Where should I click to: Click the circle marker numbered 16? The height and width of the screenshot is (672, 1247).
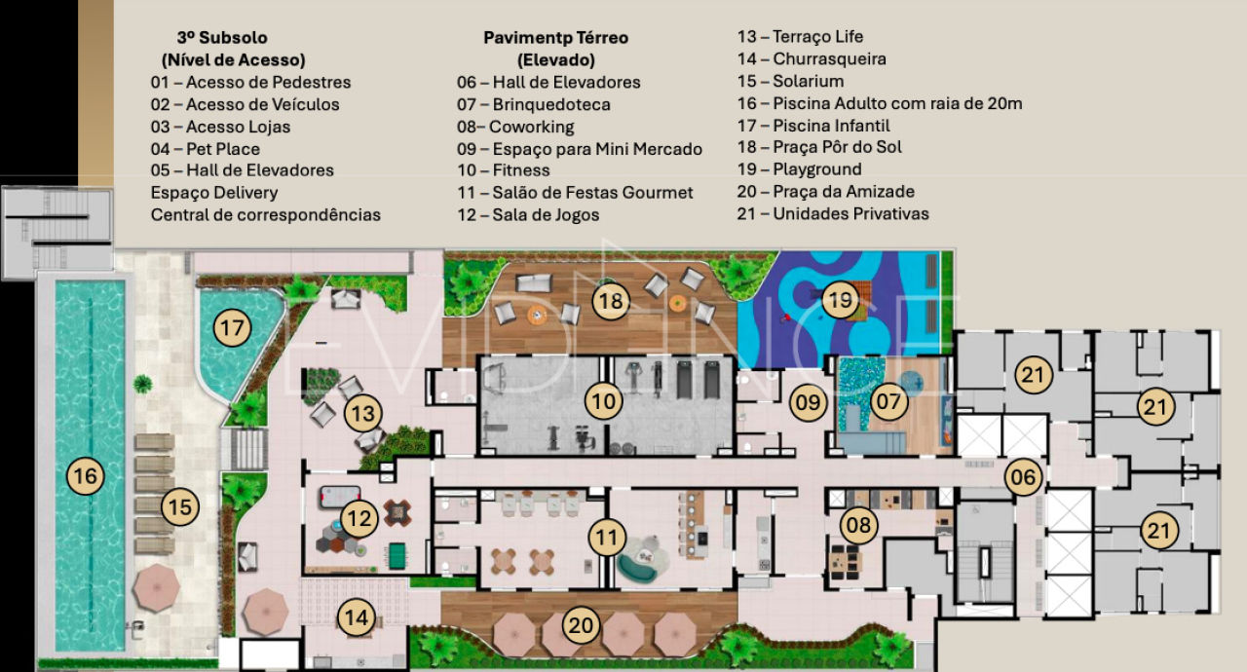[86, 476]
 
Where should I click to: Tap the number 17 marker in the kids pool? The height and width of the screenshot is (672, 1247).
[232, 328]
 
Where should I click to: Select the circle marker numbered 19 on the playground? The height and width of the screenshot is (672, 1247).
[840, 300]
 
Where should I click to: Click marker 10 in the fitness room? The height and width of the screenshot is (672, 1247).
[603, 401]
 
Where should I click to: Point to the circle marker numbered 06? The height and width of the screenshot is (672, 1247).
[1023, 476]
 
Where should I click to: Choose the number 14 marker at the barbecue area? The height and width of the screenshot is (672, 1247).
[357, 616]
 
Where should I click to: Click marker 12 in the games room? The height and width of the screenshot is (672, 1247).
[359, 519]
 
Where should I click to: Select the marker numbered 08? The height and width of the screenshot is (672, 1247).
[858, 527]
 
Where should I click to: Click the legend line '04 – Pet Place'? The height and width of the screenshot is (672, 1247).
[206, 149]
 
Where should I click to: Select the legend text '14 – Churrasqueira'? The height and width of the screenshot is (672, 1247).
[811, 59]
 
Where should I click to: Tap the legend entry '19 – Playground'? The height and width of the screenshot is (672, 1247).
[799, 169]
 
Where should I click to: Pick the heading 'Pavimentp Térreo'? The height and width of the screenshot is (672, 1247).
[555, 38]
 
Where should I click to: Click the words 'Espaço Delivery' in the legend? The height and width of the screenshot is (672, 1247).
[214, 193]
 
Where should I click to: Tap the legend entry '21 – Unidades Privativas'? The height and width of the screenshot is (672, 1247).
[833, 213]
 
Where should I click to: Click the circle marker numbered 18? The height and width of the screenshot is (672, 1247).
[611, 301]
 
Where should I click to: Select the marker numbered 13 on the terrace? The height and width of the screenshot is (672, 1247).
[362, 414]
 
